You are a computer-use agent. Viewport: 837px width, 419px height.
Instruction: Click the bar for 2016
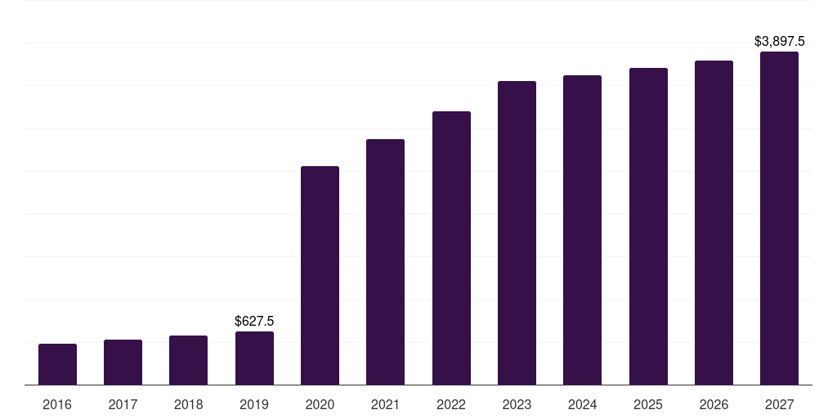[57, 364]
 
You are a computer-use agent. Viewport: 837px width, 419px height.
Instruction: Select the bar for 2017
[123, 363]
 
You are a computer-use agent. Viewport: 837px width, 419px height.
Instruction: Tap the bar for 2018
[189, 360]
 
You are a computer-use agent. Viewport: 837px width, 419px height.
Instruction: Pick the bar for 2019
[254, 358]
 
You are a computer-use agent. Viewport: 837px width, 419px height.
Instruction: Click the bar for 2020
[320, 276]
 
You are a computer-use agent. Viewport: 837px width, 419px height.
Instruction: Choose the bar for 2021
[385, 262]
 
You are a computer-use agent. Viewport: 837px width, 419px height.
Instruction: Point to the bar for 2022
[451, 248]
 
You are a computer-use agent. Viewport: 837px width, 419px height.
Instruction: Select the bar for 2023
[517, 233]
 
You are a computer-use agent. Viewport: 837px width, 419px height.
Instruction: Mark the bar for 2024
[582, 230]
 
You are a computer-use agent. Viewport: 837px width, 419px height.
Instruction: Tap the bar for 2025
[648, 227]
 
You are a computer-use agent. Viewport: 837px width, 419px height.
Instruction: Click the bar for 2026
[714, 223]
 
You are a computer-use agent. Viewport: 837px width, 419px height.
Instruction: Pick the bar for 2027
[779, 219]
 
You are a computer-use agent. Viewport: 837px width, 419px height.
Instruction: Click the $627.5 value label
[254, 322]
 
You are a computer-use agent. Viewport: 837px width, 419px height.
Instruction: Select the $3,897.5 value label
[779, 41]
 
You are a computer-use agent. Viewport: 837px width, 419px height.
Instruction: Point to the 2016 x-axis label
[57, 405]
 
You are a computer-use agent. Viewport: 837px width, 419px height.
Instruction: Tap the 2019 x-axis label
[254, 405]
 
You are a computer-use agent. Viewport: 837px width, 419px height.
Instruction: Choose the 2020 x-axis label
[320, 405]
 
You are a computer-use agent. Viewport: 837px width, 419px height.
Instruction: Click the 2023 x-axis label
[517, 405]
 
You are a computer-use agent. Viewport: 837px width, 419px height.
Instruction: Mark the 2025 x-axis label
[648, 405]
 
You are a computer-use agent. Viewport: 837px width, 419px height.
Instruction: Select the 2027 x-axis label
[779, 405]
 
